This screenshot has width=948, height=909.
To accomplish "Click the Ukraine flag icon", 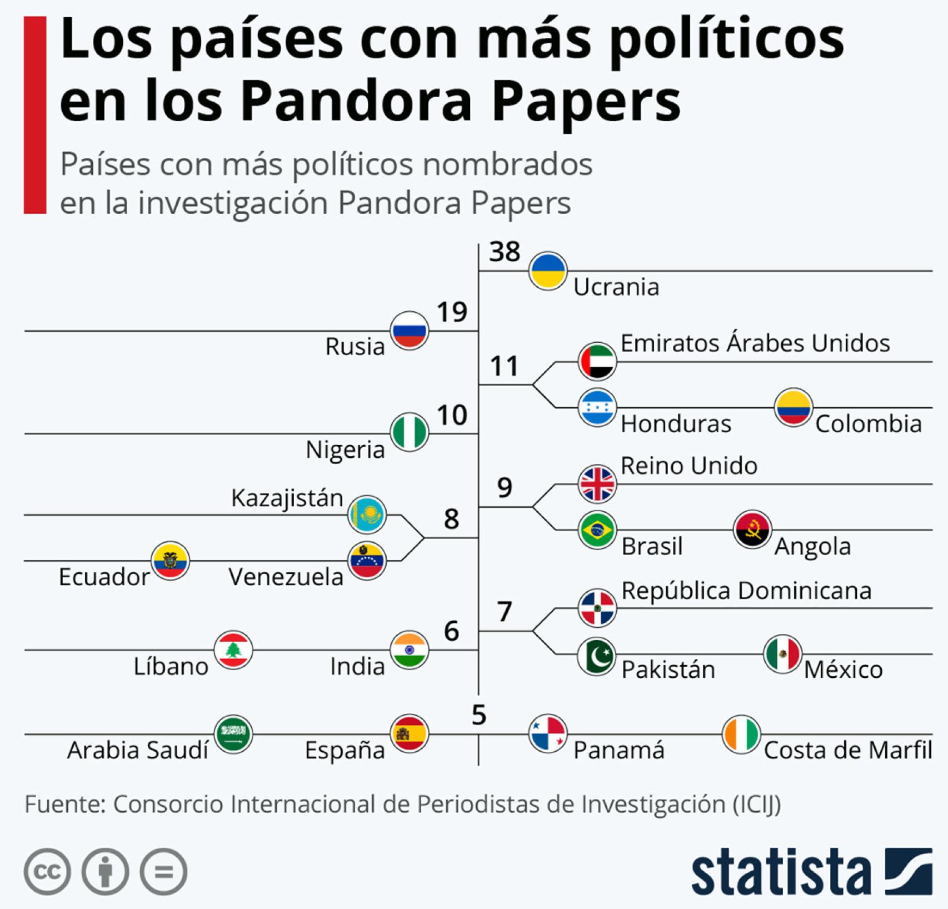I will pos(547,271).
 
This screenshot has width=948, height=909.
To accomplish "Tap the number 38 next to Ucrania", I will pos(505,252).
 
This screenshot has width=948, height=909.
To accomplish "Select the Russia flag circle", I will pos(410,331).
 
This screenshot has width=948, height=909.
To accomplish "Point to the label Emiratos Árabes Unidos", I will pos(755,343).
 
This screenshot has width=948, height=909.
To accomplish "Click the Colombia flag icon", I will pos(794,407).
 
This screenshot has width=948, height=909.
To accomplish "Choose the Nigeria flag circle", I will pos(410,433).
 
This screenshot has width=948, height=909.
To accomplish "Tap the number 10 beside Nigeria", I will pos(452,415).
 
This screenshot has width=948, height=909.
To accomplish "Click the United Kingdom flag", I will pos(597,484).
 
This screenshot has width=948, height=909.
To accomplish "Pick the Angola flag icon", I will pos(752,530).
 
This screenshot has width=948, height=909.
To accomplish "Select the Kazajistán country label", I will pos(287,498).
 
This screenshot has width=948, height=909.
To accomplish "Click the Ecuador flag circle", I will pos(171,561).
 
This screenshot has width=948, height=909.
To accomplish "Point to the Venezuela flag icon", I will pos(367,561).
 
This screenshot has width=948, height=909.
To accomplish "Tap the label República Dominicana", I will pos(746,591).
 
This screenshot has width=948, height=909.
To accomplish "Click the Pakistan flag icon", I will pos(597,656).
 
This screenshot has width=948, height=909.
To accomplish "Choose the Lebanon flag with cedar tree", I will pos(233,650).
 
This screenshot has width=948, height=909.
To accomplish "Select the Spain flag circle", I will pos(410,733).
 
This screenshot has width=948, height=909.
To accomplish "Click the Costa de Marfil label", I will pos(847,751).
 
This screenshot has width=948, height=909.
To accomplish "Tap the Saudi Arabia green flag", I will pos(233,733).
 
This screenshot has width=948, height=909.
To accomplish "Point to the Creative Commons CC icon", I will pos(47,872).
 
